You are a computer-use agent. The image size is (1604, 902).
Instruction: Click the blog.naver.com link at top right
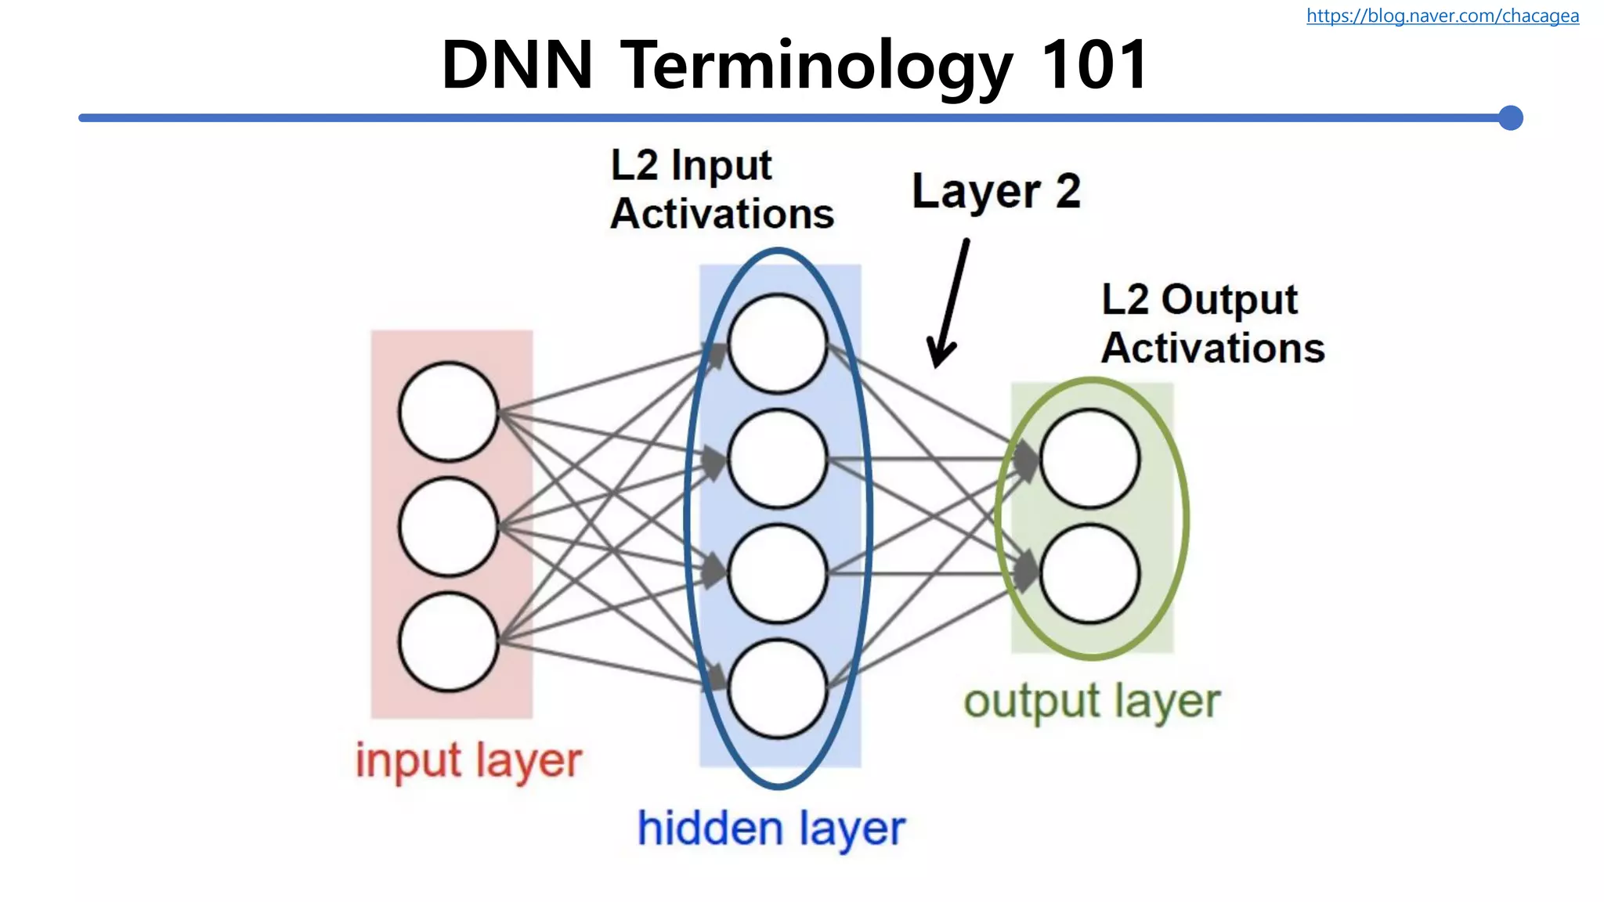(x=1442, y=16)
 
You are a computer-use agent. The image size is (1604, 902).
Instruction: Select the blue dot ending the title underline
(x=1510, y=118)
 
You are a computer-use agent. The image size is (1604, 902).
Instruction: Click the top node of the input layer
(x=449, y=412)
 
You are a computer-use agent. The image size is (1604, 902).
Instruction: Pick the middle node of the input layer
(x=449, y=527)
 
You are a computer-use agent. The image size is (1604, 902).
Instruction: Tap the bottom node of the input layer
(x=449, y=642)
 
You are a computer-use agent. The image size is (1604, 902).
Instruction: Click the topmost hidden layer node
(x=778, y=344)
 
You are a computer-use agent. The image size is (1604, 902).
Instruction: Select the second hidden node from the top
(x=778, y=459)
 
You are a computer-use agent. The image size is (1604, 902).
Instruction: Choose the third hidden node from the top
(x=778, y=574)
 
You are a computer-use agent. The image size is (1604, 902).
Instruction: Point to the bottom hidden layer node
(x=778, y=689)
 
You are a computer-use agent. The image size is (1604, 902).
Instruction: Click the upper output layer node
(x=1089, y=459)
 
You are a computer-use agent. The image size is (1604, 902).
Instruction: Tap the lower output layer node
(x=1089, y=574)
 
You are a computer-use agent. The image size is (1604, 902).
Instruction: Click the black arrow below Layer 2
(x=948, y=305)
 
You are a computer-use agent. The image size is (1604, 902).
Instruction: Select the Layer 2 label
(x=996, y=191)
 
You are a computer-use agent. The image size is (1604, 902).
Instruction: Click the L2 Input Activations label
(x=721, y=189)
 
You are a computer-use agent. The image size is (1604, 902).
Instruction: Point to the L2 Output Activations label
(x=1212, y=323)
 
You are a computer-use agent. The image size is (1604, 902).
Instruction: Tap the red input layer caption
(x=468, y=761)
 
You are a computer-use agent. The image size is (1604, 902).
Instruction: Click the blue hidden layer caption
(x=771, y=829)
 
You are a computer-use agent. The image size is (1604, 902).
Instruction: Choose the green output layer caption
(x=1092, y=702)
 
